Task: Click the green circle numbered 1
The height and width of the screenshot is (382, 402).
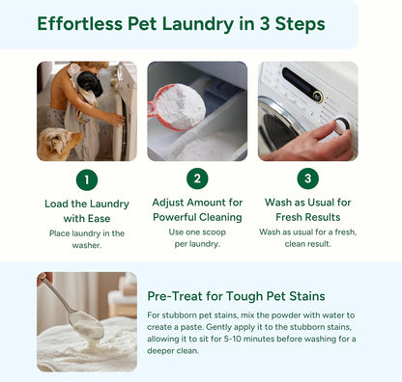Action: pyautogui.click(x=86, y=179)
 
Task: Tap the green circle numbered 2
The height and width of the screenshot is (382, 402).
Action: pyautogui.click(x=198, y=179)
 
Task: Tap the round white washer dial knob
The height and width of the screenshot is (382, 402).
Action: pyautogui.click(x=340, y=125)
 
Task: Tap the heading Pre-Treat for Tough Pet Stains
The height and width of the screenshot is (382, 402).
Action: pyautogui.click(x=236, y=295)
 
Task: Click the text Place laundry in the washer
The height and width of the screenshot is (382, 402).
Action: pyautogui.click(x=86, y=238)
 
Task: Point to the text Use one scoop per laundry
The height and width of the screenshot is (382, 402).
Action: pyautogui.click(x=197, y=239)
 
